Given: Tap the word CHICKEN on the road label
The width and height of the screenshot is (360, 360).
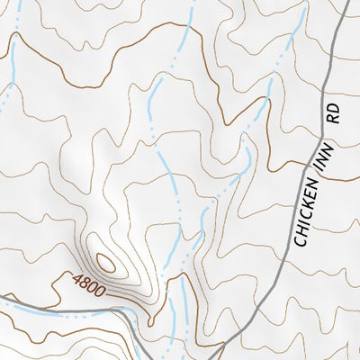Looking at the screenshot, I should (307, 217).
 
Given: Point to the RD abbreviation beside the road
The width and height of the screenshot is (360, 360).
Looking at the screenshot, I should (334, 113).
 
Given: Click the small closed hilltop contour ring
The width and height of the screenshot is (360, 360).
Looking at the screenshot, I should (105, 262).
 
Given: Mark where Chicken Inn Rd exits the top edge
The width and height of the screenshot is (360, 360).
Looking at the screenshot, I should (347, 2).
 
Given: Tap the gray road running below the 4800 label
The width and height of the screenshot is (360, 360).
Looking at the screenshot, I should (54, 306).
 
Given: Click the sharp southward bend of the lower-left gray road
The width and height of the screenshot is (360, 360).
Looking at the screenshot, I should (135, 317).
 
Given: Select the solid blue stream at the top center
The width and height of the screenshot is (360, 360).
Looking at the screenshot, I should (185, 31).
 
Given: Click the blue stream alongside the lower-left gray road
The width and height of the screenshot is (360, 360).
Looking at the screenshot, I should (63, 315).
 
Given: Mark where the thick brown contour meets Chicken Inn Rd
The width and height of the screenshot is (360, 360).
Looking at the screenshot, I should (320, 177).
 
